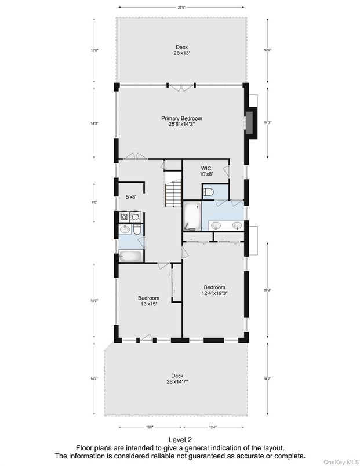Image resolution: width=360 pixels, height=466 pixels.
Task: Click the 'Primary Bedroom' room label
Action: point(181,118)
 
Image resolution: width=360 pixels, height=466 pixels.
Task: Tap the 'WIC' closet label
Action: point(206,168)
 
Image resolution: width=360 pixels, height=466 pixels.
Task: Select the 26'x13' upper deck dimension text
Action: point(181,53)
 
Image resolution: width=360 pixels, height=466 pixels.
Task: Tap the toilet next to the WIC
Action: point(209,192)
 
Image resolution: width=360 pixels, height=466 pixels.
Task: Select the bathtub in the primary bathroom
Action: point(192,216)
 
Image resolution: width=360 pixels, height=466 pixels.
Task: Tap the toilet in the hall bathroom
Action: point(137,230)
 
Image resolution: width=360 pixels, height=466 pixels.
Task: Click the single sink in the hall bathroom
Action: point(124,230)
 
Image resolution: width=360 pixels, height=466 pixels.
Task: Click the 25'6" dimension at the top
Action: point(181,7)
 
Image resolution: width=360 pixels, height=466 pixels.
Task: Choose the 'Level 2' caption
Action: point(179,440)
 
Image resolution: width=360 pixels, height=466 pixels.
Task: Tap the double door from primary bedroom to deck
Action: point(181,87)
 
